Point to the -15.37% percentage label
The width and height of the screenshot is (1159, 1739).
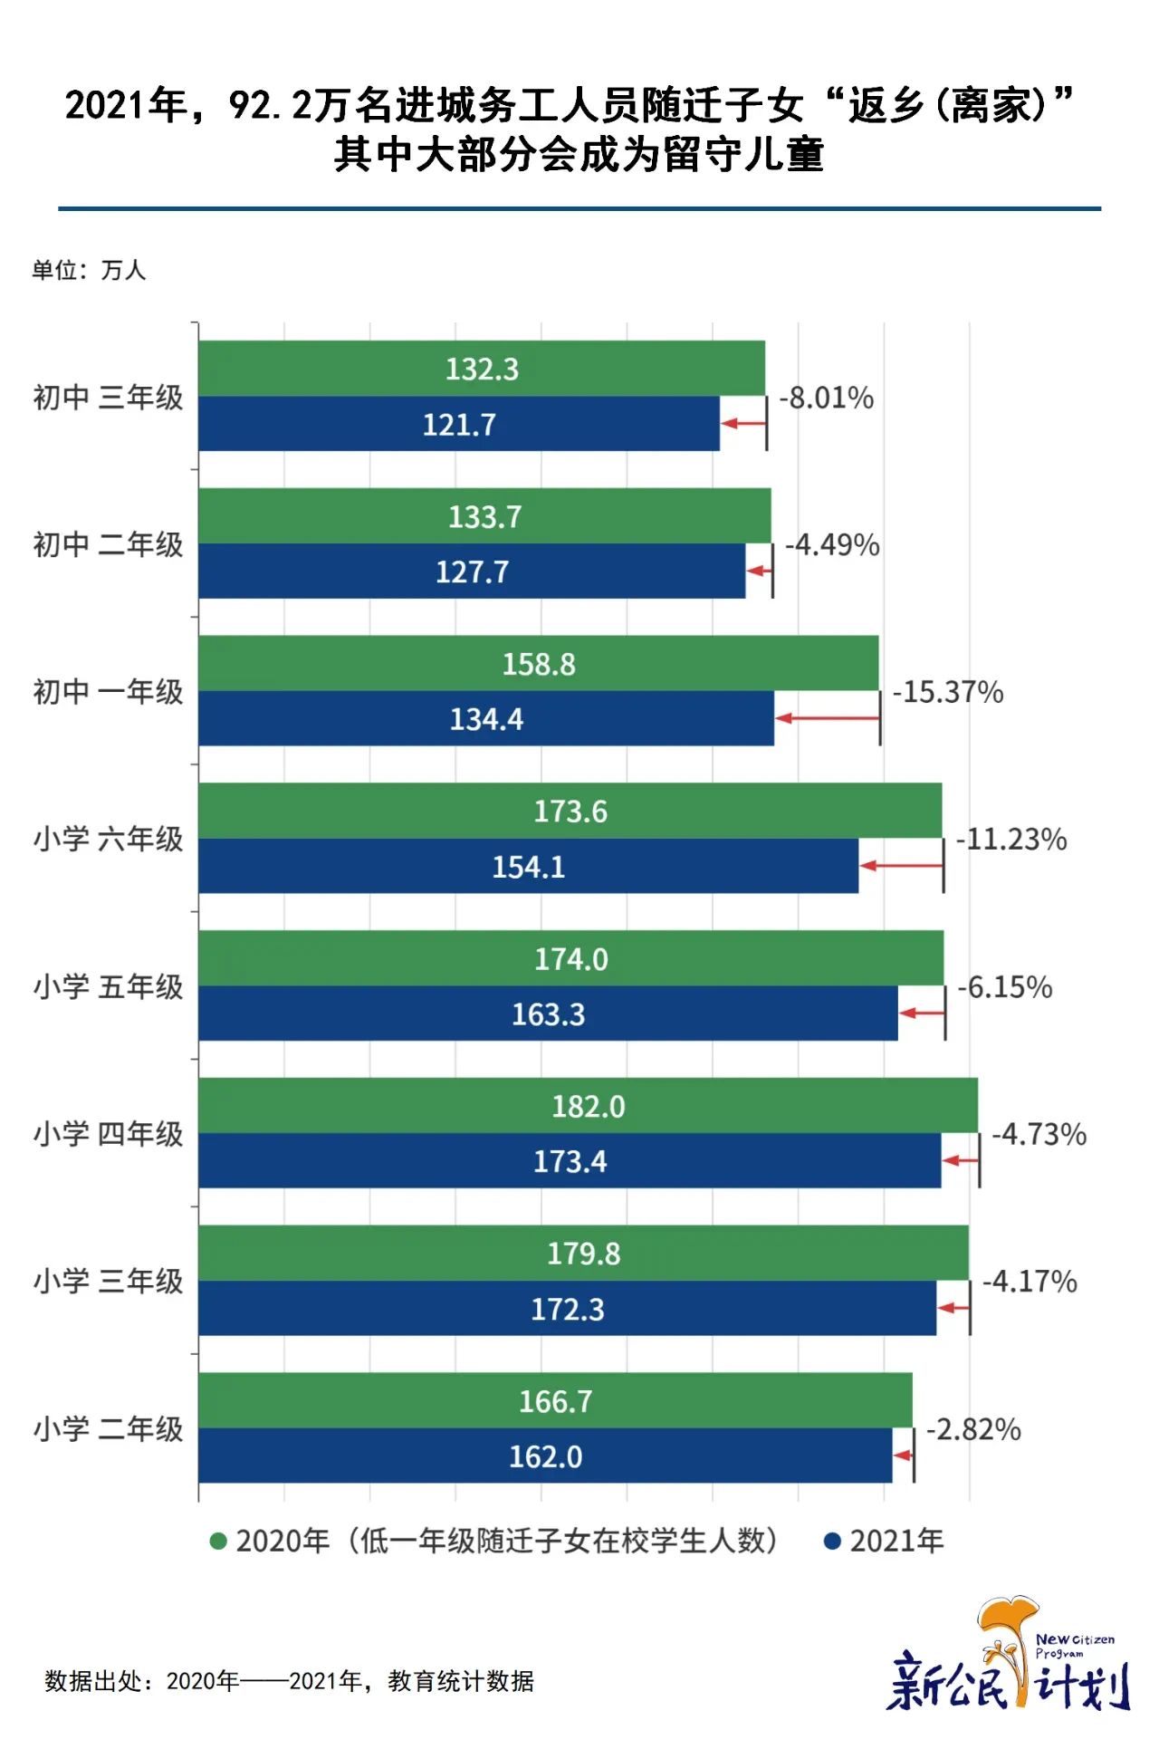pos(948,692)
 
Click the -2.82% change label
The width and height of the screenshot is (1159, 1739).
pos(973,1429)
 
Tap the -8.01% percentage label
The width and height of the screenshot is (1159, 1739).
pos(827,398)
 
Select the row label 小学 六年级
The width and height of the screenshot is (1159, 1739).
pos(109,839)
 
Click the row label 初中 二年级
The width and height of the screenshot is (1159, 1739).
pos(109,544)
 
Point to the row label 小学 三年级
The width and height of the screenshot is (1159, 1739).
pos(109,1281)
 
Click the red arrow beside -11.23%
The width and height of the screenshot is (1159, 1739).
pos(901,866)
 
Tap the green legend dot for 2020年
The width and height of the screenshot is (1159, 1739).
pos(218,1541)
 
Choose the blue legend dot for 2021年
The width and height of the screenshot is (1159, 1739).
pos(832,1541)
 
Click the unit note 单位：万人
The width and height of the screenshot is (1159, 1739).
pos(89,270)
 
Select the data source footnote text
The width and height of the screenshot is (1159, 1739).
pos(290,1681)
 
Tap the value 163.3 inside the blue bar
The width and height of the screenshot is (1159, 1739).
pos(549,1014)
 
